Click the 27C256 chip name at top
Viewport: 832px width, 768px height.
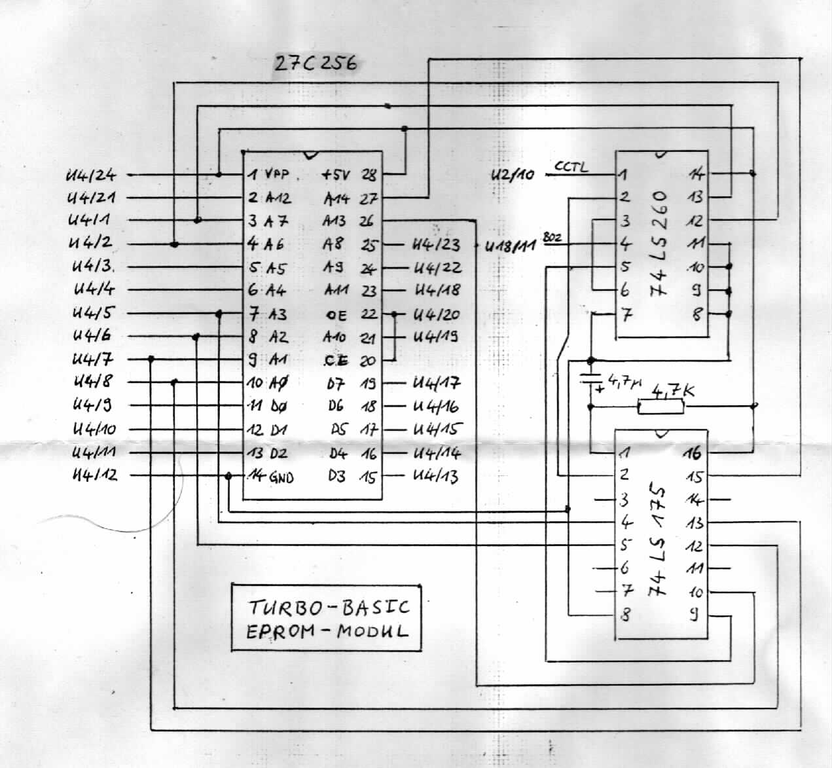[315, 64]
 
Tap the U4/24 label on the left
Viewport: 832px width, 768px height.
[91, 175]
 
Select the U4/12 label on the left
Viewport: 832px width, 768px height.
[96, 475]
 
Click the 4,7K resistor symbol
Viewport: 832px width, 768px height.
[661, 407]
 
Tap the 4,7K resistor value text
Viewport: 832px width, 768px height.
[673, 391]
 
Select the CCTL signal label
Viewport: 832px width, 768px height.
[571, 166]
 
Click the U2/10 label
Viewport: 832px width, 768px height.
[513, 175]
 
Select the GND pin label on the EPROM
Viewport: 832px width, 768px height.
[281, 477]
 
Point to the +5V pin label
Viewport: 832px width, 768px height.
[336, 175]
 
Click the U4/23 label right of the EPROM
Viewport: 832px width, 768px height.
[436, 245]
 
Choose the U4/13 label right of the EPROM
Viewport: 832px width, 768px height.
[435, 476]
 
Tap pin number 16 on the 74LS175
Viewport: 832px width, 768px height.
[693, 452]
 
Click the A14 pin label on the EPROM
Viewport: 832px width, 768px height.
[336, 198]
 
